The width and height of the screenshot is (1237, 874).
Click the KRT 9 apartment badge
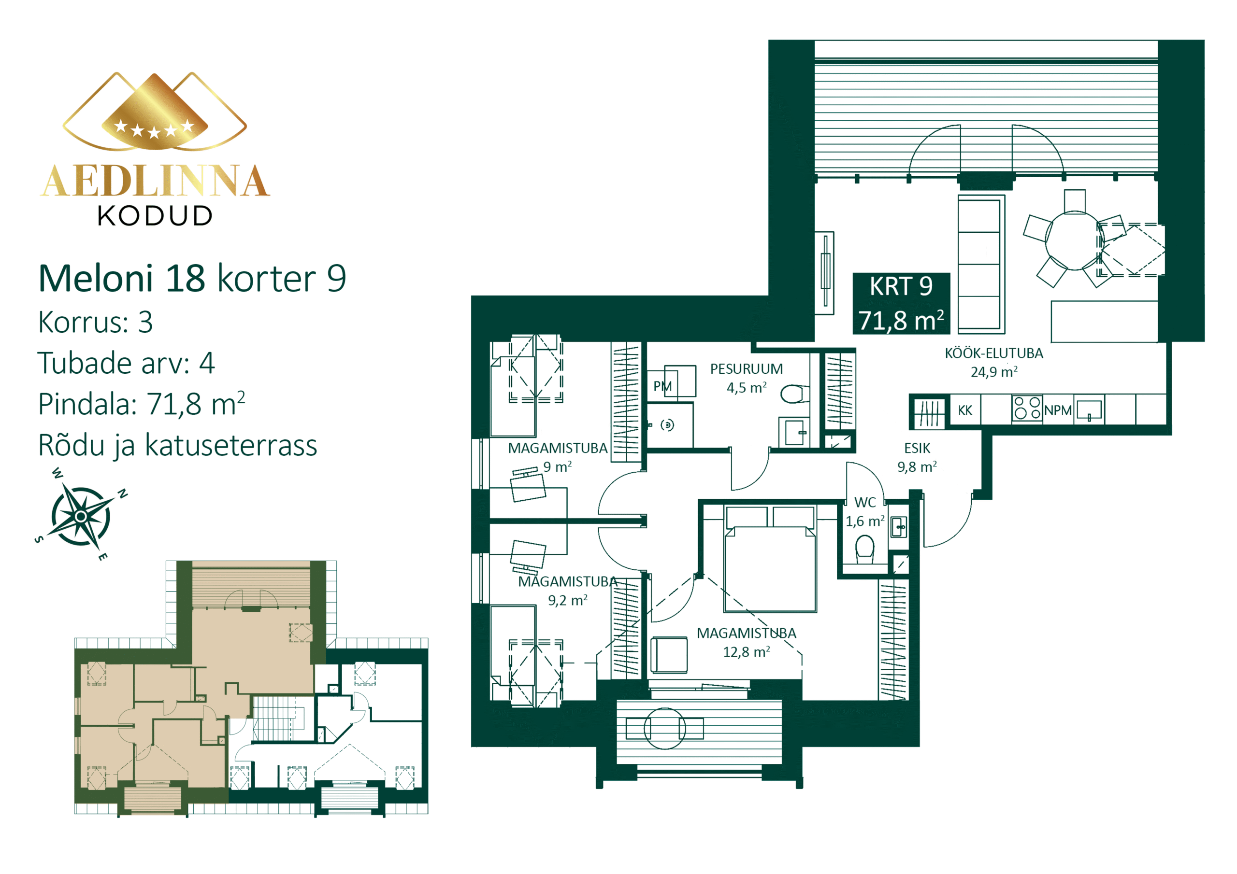pyautogui.click(x=901, y=303)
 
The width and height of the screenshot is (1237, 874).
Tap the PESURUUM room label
pyautogui.click(x=746, y=369)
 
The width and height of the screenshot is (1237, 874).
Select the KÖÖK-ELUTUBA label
pyautogui.click(x=994, y=353)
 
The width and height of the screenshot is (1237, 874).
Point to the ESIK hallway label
pyautogui.click(x=917, y=448)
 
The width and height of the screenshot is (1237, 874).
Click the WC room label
pyautogui.click(x=865, y=502)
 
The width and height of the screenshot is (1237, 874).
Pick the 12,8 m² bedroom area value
pyautogui.click(x=746, y=652)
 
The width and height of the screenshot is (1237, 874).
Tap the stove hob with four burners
pyautogui.click(x=1027, y=408)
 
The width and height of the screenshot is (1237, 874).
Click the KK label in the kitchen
pyautogui.click(x=965, y=410)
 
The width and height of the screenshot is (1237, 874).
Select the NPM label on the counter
pyautogui.click(x=1058, y=410)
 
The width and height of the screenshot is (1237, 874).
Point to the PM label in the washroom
pyautogui.click(x=662, y=386)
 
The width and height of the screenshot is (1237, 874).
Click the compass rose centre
pyautogui.click(x=81, y=516)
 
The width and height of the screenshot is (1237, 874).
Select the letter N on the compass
pyautogui.click(x=123, y=493)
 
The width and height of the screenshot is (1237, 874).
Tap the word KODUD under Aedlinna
pyautogui.click(x=155, y=216)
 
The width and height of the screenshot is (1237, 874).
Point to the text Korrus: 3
pyautogui.click(x=95, y=322)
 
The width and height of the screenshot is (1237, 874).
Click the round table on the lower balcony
pyautogui.click(x=665, y=729)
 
